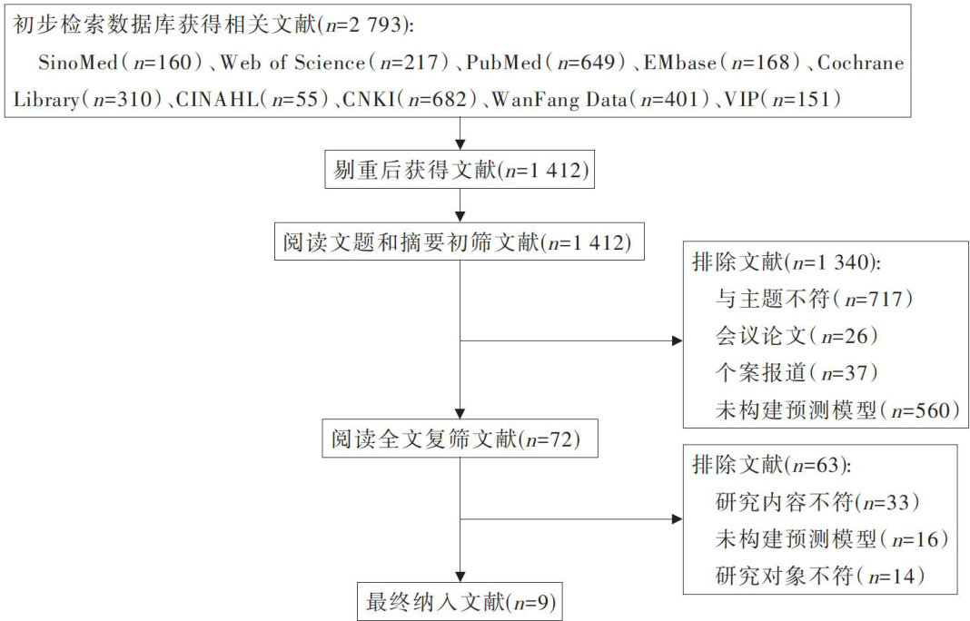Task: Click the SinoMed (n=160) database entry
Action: coord(121,63)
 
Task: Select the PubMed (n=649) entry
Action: coord(546,63)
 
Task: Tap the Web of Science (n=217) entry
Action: coord(334,63)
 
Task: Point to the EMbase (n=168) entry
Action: coord(722,63)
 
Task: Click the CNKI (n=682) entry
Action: coord(411,100)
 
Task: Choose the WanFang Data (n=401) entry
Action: coord(600,100)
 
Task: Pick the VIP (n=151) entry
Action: coord(782,100)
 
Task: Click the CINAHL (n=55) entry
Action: coord(252,100)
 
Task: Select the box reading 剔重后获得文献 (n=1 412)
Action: coord(460,169)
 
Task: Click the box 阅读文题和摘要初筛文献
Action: coord(459,241)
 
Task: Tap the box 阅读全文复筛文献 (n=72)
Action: coord(460,439)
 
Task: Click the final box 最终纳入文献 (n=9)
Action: coord(460,601)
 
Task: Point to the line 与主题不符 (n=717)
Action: coord(814,299)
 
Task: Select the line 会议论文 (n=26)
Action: coord(797,336)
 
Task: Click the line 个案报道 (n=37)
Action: coord(797,372)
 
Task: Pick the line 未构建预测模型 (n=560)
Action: coord(837,409)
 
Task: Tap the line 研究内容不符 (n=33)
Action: coord(817,502)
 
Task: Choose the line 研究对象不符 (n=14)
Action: coord(819,576)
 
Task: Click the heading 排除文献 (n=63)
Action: coord(771,465)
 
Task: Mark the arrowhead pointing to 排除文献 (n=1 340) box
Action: coord(678,340)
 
